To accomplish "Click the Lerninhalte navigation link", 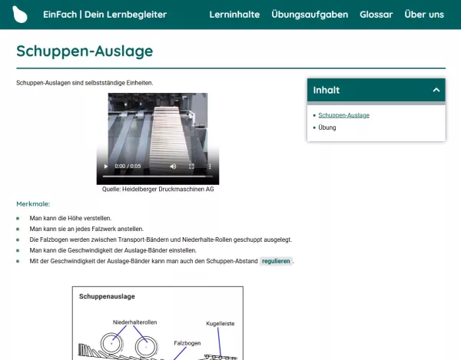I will point(234,15).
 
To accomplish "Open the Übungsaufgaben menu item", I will point(310,15).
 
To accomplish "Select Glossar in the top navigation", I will point(376,15).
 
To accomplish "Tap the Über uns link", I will point(424,15).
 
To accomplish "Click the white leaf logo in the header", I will point(20,15).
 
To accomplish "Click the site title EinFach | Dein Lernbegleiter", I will point(104,15).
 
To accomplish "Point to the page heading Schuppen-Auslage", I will point(85,51).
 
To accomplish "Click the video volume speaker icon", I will point(173,166).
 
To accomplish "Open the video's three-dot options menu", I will point(211,166).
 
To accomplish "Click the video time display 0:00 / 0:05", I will point(128,166).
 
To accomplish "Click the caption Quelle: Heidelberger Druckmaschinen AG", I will point(158,189).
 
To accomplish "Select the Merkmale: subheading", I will point(33,204).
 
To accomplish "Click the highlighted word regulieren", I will point(276,261).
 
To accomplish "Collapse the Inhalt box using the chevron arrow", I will point(436,91).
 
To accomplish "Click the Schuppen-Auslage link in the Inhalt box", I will point(343,115).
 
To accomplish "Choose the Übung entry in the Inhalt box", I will point(327,127).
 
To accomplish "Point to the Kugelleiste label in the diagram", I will point(219,324).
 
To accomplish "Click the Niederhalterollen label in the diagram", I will point(134,321).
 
